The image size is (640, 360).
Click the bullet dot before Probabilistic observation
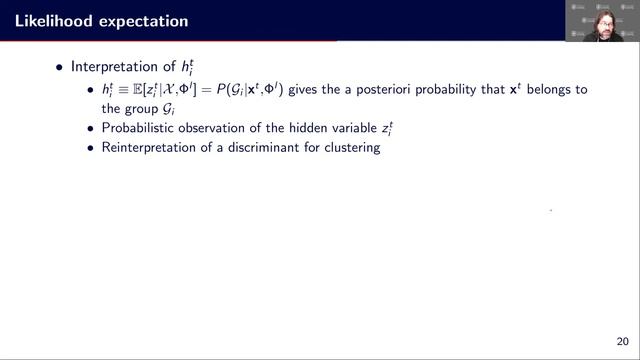91,128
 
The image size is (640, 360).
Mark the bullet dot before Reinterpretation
91,147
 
